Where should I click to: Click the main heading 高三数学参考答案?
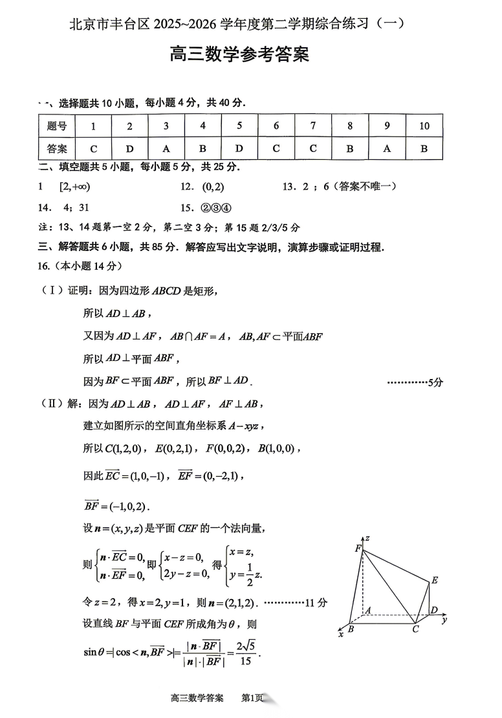pos(239,55)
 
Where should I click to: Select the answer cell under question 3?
pos(166,148)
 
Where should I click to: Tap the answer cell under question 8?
pos(350,148)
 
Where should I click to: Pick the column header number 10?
pos(424,126)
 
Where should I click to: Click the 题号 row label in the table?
pos(57,126)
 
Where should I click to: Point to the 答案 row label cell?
pos(57,148)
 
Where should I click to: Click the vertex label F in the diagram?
pos(357,549)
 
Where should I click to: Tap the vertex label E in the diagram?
pos(435,580)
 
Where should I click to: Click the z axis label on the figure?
pos(367,538)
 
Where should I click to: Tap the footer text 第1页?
pos(252,698)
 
